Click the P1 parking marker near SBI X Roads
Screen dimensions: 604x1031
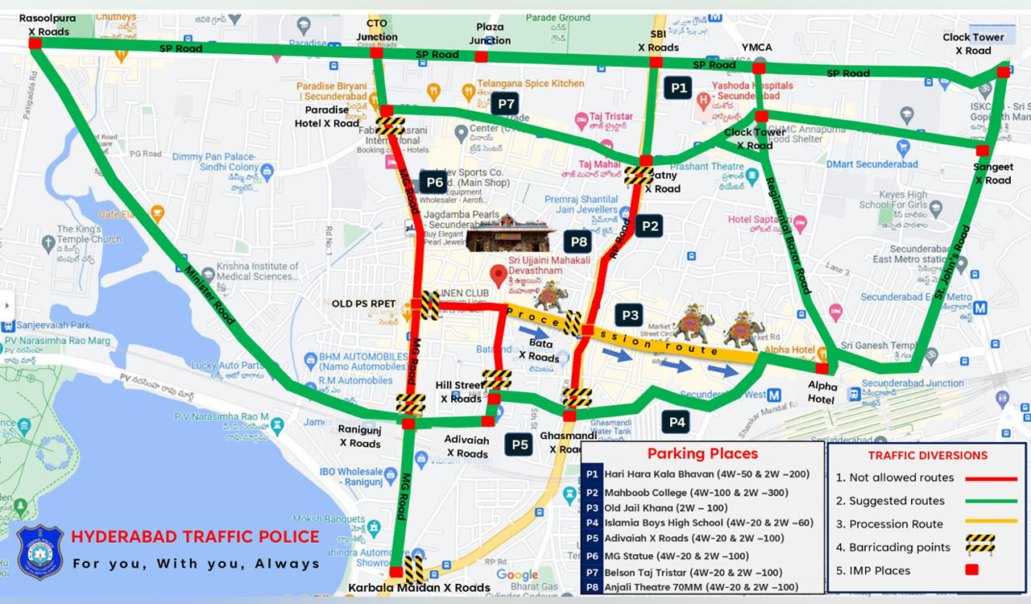point(678,87)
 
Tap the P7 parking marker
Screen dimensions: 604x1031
point(506,103)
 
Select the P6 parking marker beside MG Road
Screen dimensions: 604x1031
point(433,182)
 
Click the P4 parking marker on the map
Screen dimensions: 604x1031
point(677,421)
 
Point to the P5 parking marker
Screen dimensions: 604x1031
point(520,444)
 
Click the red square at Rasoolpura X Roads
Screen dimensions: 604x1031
point(35,43)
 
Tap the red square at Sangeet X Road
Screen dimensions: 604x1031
point(982,151)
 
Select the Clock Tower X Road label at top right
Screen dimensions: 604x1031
point(974,43)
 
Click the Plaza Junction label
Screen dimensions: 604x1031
point(490,34)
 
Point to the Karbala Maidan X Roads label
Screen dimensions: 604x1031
point(419,588)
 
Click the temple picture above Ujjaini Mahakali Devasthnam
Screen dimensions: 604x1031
point(511,234)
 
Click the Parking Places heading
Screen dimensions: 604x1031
point(702,453)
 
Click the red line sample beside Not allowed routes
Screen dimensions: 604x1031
point(990,478)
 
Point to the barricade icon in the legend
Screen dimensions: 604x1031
point(980,544)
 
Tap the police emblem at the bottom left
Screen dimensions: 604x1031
point(39,552)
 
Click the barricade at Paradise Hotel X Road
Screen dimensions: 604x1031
point(390,126)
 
